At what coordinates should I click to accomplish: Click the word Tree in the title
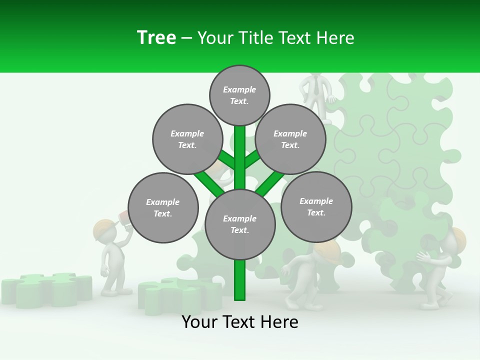pyautogui.click(x=156, y=37)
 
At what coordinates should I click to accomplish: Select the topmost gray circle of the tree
pyautogui.click(x=239, y=95)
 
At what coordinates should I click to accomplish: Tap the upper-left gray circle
pyautogui.click(x=187, y=139)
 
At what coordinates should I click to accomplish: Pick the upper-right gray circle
pyautogui.click(x=290, y=139)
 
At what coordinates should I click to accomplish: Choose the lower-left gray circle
pyautogui.click(x=163, y=207)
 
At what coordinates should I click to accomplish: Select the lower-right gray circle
pyautogui.click(x=316, y=206)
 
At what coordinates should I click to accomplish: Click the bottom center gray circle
pyautogui.click(x=240, y=224)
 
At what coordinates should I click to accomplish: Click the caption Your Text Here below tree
pyautogui.click(x=239, y=322)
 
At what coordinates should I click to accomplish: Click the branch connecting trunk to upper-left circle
pyautogui.click(x=226, y=159)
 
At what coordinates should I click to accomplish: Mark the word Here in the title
pyautogui.click(x=336, y=38)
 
